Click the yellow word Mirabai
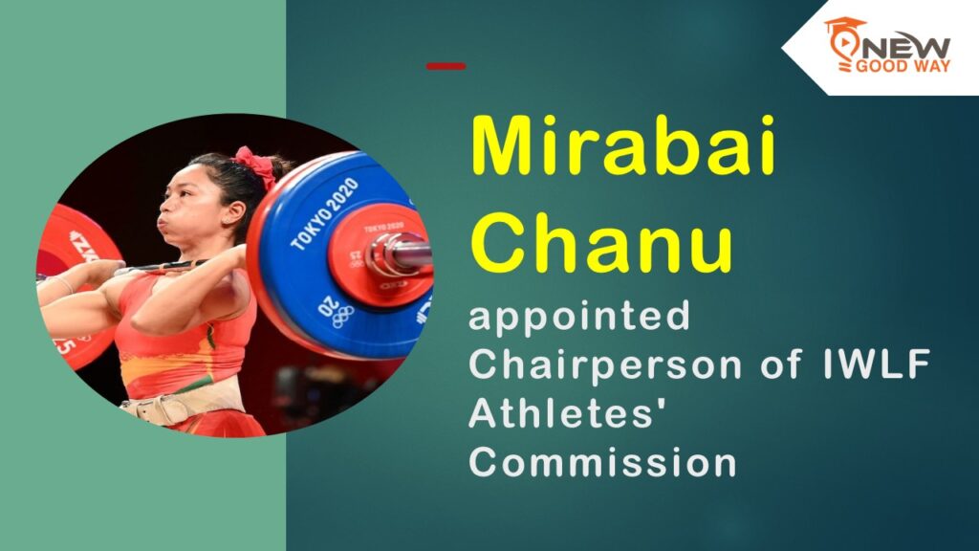coord(622,145)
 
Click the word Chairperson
coord(605,364)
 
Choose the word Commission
coord(602,462)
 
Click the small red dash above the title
coord(446,66)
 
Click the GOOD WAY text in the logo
coord(903,66)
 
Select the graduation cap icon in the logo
coord(844,26)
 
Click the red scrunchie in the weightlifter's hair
coord(255,165)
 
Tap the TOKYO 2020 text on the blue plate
coord(324,213)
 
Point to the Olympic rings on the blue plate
coord(343,318)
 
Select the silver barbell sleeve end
coord(400,254)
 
